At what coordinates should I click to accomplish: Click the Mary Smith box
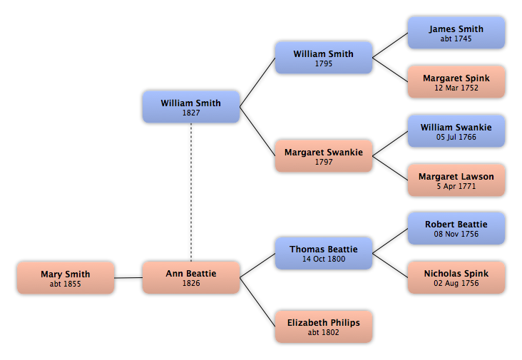(x=66, y=278)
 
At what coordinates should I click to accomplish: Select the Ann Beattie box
(x=191, y=277)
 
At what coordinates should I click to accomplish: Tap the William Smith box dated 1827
(x=191, y=107)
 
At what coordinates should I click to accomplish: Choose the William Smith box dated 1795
(x=324, y=58)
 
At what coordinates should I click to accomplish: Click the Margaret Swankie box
(x=324, y=156)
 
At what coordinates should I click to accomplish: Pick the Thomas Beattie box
(x=324, y=253)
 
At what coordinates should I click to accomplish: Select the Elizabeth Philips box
(x=324, y=326)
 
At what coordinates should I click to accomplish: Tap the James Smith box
(x=456, y=33)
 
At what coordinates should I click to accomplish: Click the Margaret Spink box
(x=456, y=82)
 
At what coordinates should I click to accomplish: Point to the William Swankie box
(x=456, y=131)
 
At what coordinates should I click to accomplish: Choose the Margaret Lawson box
(x=456, y=180)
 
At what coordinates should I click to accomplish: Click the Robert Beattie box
(x=456, y=229)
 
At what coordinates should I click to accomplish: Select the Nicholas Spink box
(x=456, y=277)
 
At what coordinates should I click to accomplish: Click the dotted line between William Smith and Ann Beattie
(x=191, y=192)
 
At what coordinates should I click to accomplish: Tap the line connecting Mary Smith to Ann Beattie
(x=128, y=277)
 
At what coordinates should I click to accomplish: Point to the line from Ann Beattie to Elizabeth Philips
(x=257, y=302)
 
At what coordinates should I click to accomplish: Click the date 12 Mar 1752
(x=456, y=88)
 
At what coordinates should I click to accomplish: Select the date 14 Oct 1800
(x=324, y=259)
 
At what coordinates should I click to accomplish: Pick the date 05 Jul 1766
(x=456, y=137)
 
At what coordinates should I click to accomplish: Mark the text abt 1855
(x=66, y=284)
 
